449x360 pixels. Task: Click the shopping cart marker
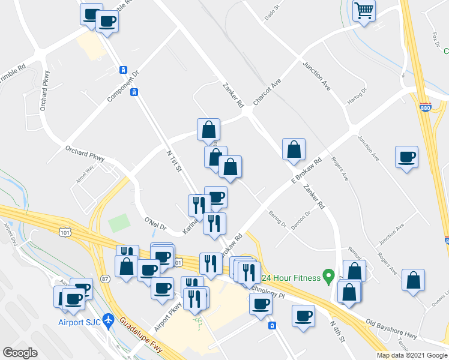click(364, 11)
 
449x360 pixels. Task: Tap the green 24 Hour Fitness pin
click(328, 277)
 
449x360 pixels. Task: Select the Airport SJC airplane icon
click(108, 320)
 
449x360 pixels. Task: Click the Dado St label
click(273, 14)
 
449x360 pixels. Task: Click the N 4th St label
click(338, 331)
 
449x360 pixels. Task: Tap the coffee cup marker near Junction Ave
click(406, 157)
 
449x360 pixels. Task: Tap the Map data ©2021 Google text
click(412, 355)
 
